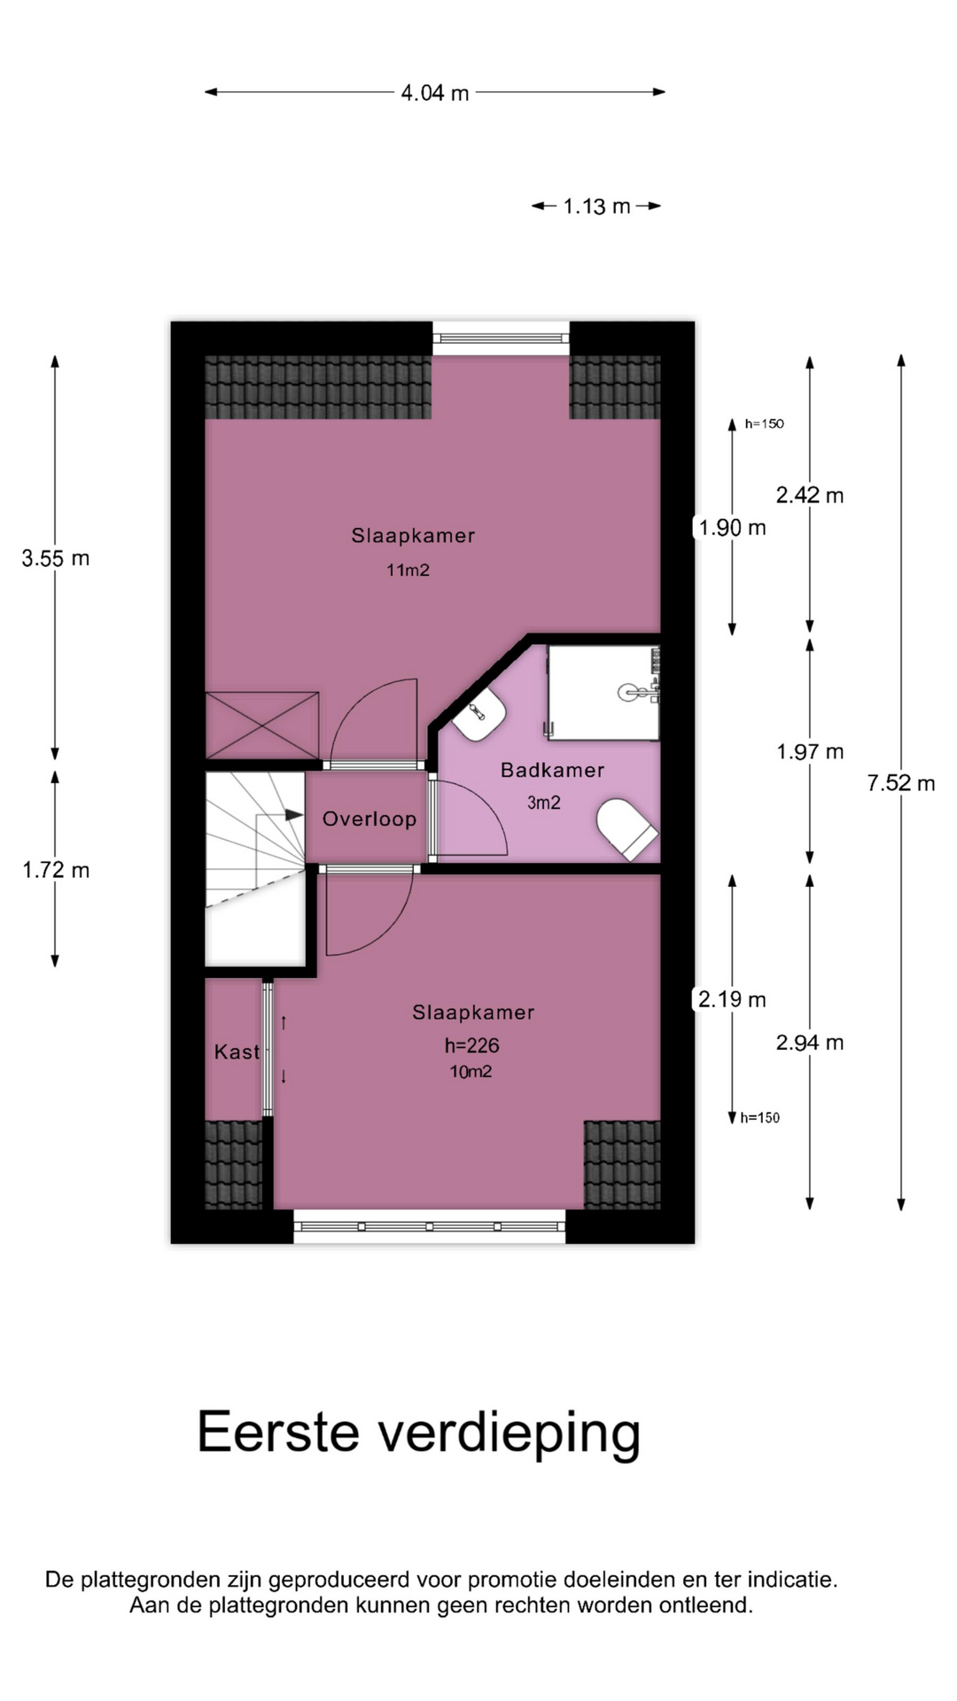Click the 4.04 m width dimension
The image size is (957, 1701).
point(435,92)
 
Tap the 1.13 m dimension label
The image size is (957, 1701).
point(596,206)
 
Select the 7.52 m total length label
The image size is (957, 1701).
point(901,783)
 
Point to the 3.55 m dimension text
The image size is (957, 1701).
point(56,558)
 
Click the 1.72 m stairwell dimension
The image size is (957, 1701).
point(56,870)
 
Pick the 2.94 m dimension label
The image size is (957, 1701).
point(810,1043)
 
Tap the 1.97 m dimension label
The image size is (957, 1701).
point(810,752)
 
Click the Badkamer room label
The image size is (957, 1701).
point(552,771)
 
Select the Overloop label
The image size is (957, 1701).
point(370,819)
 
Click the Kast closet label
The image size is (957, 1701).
point(237,1052)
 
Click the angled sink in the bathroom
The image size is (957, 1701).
point(478,715)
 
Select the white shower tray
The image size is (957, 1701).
point(603,693)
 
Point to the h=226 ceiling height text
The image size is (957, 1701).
point(472,1046)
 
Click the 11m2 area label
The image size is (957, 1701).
point(408,571)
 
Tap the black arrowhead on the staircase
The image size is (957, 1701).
point(294,814)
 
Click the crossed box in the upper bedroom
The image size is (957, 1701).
point(262,726)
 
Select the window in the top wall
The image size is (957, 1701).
point(501,338)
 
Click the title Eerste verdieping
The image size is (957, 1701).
point(418,1433)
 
